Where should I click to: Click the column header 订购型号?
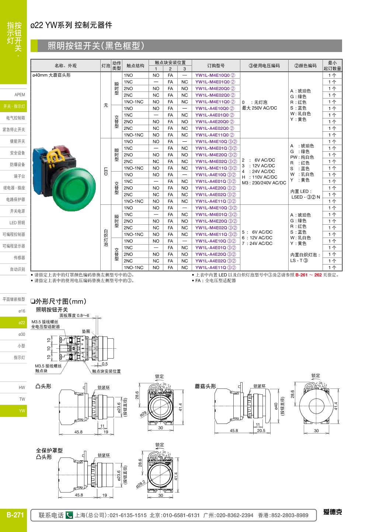tap(216, 66)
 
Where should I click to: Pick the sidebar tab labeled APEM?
tap(20, 95)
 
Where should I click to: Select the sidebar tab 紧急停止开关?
tap(14, 130)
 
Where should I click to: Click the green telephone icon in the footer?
tap(69, 515)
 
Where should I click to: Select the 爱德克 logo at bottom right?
tap(332, 512)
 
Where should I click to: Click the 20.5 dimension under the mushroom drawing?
tap(261, 431)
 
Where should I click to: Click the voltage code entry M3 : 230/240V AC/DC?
tap(264, 183)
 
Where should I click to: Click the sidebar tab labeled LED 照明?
tap(17, 223)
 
